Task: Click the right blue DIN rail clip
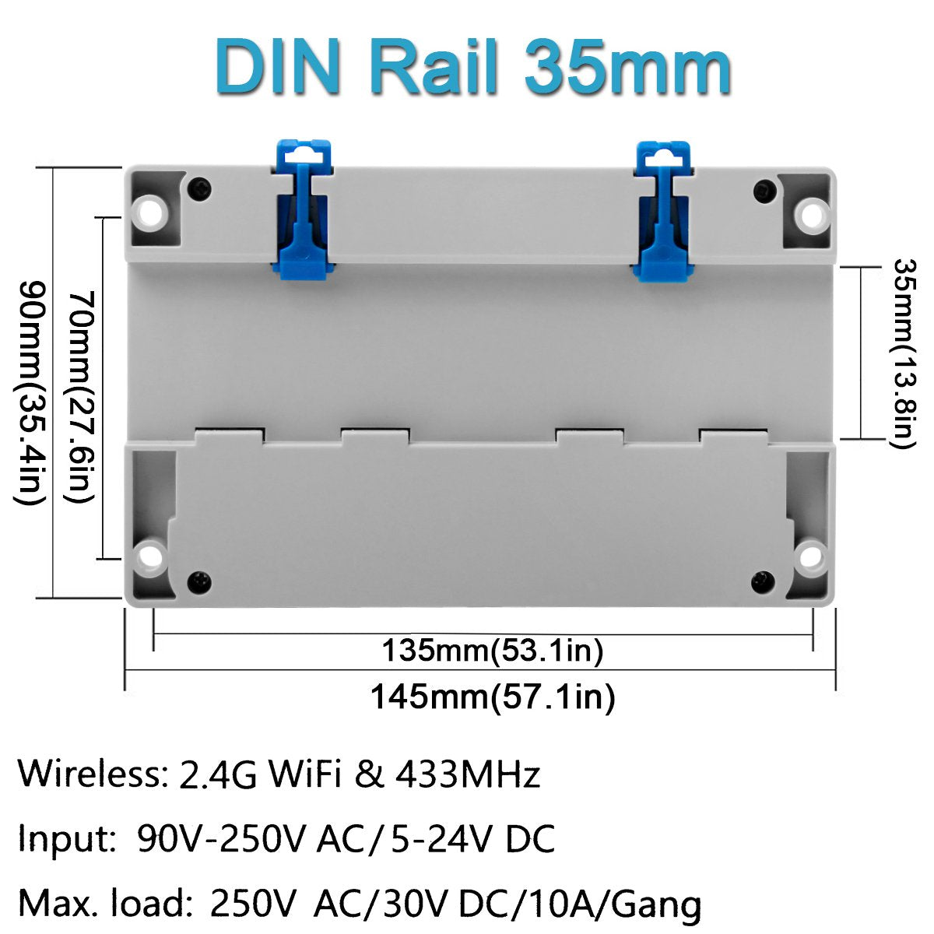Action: tap(662, 212)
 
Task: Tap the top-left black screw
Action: tap(200, 188)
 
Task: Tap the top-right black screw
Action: tap(766, 190)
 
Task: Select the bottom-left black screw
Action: tap(199, 581)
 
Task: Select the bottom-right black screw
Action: tap(763, 581)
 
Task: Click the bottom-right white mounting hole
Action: tap(811, 557)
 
